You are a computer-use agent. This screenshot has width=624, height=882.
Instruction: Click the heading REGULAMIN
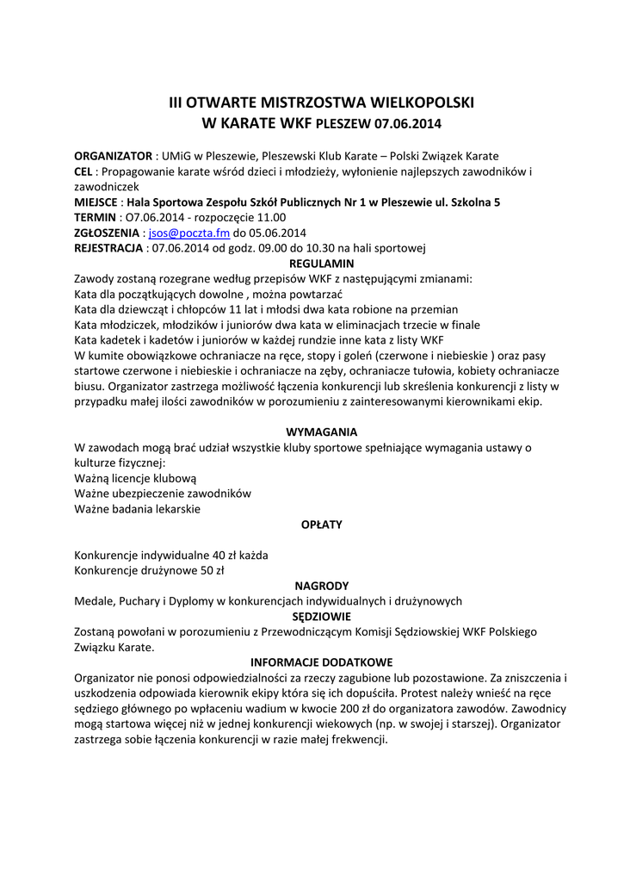pos(322,264)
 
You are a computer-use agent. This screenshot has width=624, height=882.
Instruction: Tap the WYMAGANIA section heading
pos(321,432)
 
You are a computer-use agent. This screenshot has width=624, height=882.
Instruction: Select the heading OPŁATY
pos(321,524)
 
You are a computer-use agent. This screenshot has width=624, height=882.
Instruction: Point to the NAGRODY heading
pos(321,586)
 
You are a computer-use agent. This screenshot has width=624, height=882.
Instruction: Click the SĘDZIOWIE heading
pos(321,617)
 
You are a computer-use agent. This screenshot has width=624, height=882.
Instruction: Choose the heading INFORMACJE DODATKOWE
pos(321,662)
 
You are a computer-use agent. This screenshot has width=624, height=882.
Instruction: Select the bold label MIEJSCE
pos(96,202)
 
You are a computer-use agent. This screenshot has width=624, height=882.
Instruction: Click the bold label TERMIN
pos(94,217)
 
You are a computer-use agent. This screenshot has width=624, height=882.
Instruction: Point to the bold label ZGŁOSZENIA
pos(107,233)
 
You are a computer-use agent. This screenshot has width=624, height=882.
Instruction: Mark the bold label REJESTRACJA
pos(108,248)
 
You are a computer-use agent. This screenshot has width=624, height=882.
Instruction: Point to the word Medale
pos(93,601)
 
